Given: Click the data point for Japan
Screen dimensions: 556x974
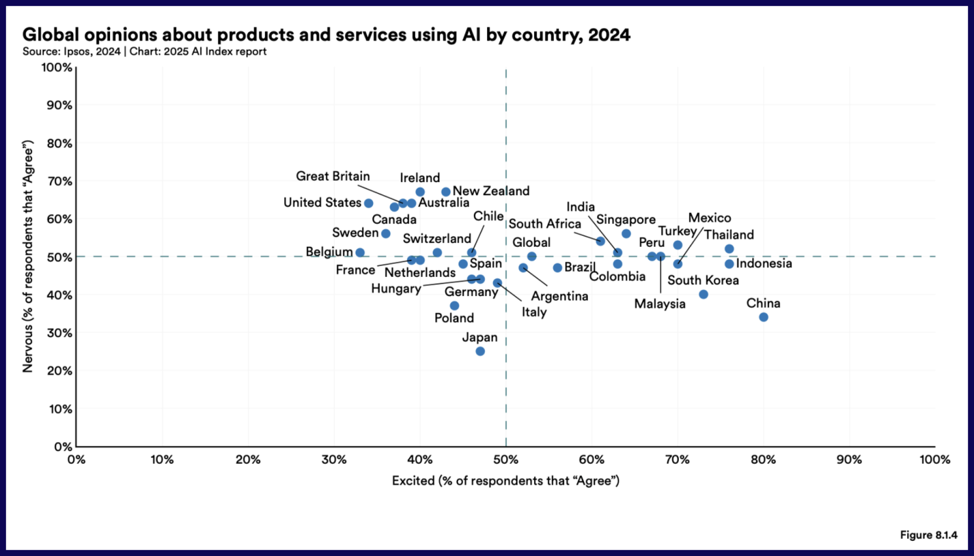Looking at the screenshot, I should point(480,352).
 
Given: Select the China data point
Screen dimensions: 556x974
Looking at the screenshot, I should point(763,318).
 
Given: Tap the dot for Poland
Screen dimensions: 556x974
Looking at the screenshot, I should point(454,306).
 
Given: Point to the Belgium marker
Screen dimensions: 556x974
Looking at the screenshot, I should point(360,253).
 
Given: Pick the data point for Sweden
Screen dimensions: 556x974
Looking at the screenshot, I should point(386,234).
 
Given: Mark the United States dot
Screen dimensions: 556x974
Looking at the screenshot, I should point(369,204).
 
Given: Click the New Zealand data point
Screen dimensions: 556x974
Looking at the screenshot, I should point(446,192).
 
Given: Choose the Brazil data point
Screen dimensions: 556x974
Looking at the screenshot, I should point(558,268).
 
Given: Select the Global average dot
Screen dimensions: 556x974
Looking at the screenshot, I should point(532,257).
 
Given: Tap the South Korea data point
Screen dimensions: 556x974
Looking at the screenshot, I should point(703,295).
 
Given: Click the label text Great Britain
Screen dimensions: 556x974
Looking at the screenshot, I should point(333,176).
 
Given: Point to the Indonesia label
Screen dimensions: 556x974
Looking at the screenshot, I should point(764,263).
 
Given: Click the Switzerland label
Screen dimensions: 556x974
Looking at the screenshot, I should point(437,238).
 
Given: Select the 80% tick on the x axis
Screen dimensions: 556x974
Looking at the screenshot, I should point(763,460).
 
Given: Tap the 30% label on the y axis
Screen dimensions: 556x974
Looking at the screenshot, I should point(59,333).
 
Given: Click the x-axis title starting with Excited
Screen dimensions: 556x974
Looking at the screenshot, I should point(505,481).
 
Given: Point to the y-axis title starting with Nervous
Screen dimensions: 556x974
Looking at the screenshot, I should point(27,256).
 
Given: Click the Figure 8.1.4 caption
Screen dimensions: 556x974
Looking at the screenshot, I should point(928,535).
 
